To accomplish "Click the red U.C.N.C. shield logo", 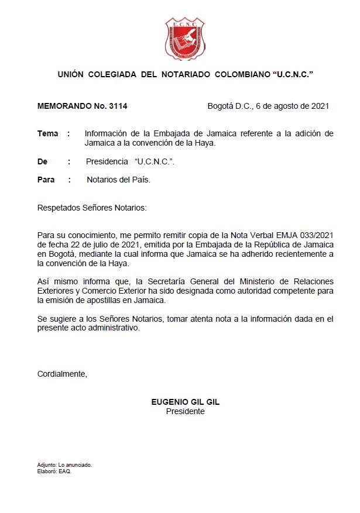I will (x=185, y=39).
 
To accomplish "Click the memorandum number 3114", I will (x=116, y=106).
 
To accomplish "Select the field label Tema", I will (x=48, y=133).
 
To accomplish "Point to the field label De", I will (x=42, y=161).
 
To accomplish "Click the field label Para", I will (x=46, y=180).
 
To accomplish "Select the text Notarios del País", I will (x=118, y=180).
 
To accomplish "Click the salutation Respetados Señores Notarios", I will (x=92, y=208).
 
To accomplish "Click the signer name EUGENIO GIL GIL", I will (x=185, y=402).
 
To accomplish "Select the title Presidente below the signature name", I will (x=185, y=411).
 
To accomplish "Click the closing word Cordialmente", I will (x=62, y=374).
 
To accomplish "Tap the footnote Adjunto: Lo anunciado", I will (x=64, y=465).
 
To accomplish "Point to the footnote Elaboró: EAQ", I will (x=54, y=471).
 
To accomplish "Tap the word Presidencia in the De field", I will (x=107, y=161).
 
